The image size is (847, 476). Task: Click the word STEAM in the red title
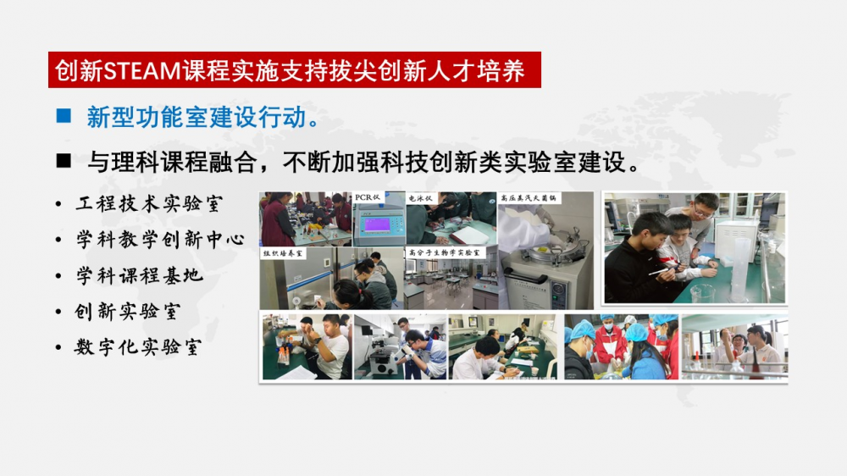[x=141, y=71]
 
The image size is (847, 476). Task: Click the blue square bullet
[x=64, y=116]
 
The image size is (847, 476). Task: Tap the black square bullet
[x=64, y=160]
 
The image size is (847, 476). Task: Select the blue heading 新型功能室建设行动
[x=197, y=117]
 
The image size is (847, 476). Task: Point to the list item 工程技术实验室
[x=149, y=203]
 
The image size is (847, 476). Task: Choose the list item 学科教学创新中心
[x=160, y=240]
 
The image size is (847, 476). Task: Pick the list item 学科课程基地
[x=140, y=275]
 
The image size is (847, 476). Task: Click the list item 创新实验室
[x=128, y=312]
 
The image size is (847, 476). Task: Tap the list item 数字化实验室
[x=138, y=347]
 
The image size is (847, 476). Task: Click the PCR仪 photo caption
[x=368, y=197]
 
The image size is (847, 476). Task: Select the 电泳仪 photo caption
[x=421, y=198]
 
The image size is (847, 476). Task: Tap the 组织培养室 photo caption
[x=283, y=253]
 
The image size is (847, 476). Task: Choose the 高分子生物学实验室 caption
[x=444, y=252]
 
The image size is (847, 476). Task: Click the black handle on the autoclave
[x=527, y=279]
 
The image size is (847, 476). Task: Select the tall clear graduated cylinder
[x=740, y=268]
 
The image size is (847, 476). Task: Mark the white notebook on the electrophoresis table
[x=469, y=234]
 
